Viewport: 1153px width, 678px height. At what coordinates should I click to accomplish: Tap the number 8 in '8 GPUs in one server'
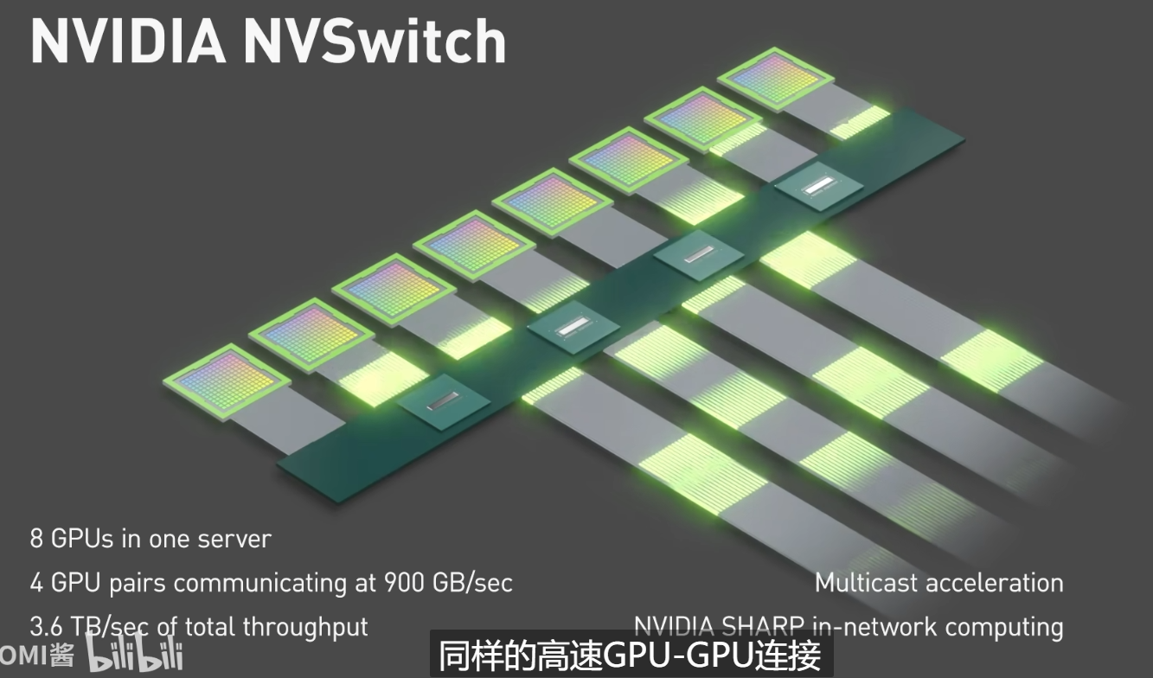tap(36, 539)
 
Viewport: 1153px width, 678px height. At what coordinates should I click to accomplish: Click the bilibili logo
tap(134, 656)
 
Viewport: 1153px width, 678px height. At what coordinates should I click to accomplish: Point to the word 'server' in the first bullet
tap(234, 539)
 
